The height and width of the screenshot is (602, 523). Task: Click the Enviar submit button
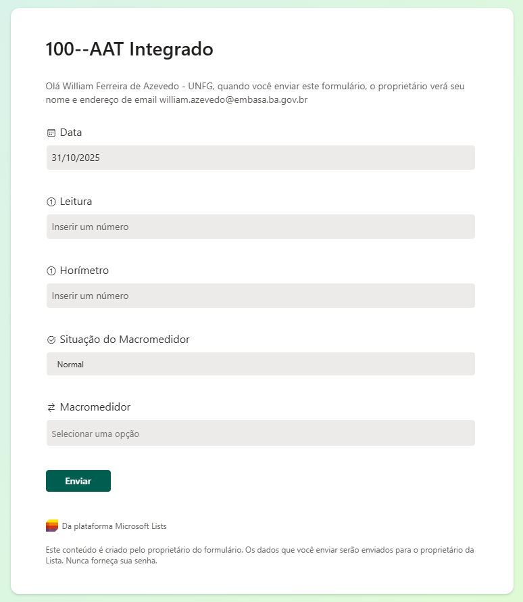coord(78,481)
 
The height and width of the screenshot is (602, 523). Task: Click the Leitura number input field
coord(260,227)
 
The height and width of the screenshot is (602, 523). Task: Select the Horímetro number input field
coord(260,296)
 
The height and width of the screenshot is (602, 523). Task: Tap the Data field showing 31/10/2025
coord(260,158)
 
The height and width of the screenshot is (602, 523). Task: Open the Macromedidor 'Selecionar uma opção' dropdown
coord(260,434)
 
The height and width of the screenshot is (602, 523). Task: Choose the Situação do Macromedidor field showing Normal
coord(260,364)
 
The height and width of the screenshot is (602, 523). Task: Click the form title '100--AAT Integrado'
coord(129,49)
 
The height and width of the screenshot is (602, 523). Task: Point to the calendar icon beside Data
coord(51,133)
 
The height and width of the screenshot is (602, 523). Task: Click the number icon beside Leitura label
coord(51,202)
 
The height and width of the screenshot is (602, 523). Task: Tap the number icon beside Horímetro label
coord(51,271)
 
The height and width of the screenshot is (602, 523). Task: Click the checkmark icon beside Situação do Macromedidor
coord(51,340)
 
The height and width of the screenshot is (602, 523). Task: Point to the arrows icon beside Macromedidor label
coord(51,407)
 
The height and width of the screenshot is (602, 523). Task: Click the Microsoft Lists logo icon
coord(52,526)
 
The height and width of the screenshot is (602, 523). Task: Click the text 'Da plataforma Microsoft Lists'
coord(114,526)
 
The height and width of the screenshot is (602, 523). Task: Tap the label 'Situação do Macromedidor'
coord(124,339)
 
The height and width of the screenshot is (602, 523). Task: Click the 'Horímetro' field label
coord(84,270)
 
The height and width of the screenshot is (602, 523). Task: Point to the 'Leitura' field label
coord(76,201)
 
